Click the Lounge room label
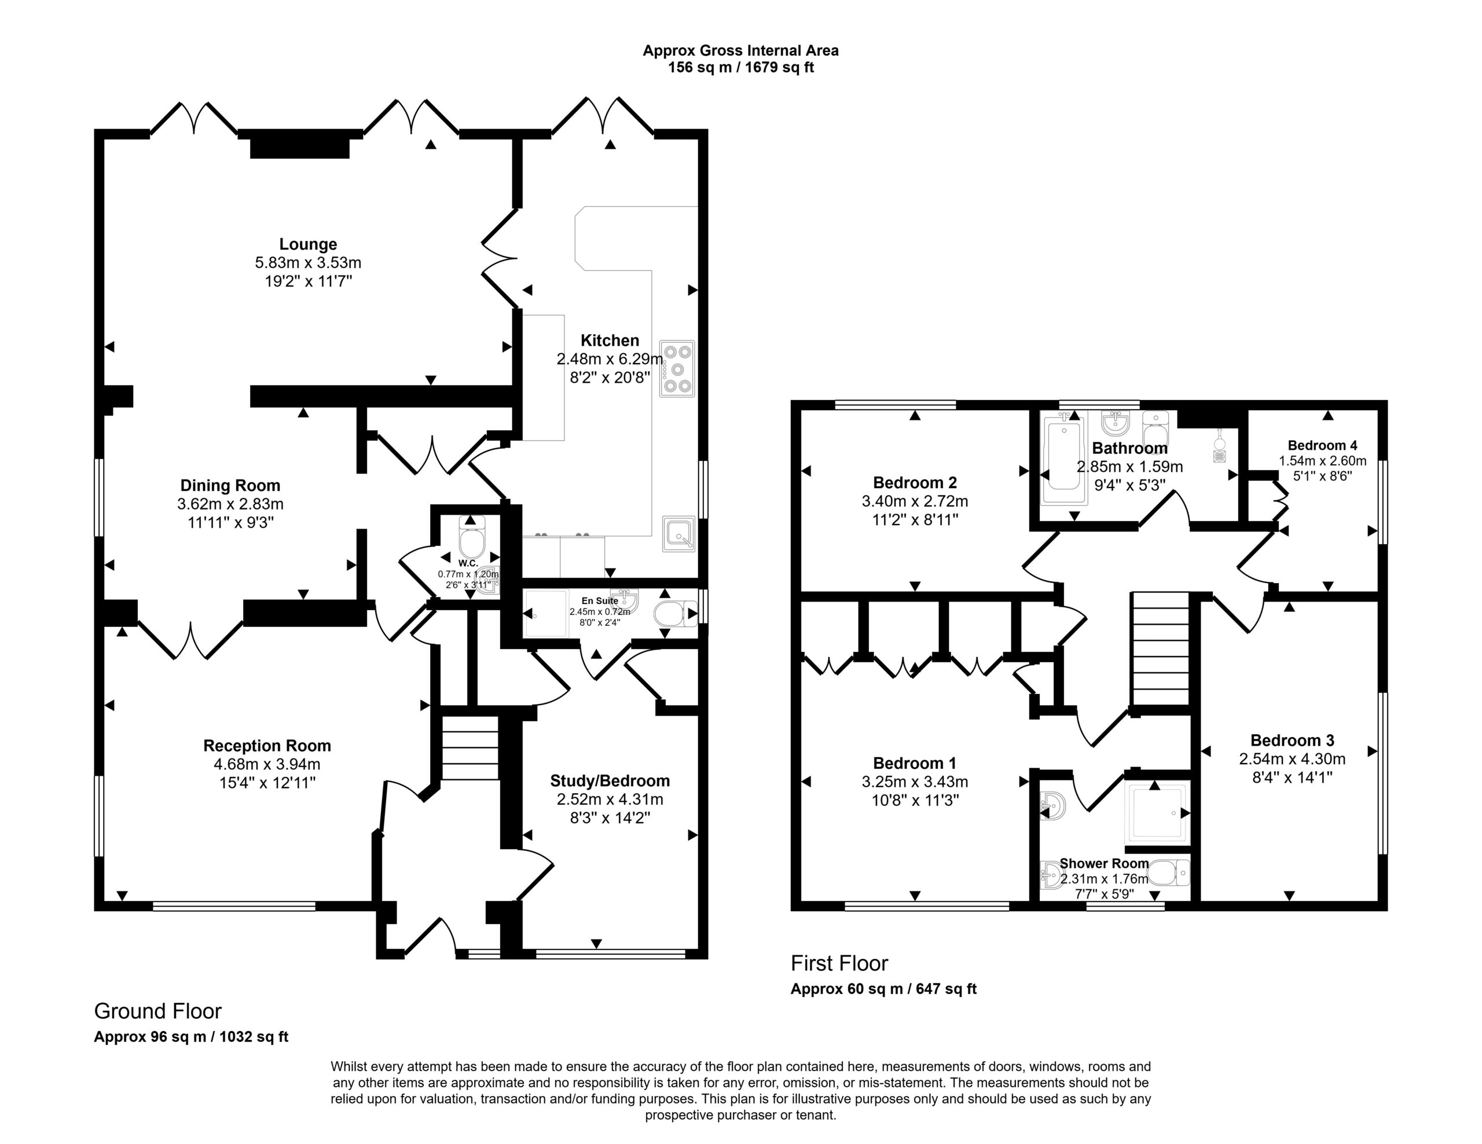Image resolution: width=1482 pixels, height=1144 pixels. point(308,244)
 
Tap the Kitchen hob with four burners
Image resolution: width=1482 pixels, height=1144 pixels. point(677,368)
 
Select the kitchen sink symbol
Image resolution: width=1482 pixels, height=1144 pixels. point(678,534)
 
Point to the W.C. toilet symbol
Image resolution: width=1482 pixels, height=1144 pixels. point(472,537)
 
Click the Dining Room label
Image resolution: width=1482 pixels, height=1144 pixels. point(230,486)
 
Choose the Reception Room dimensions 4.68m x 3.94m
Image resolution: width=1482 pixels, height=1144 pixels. point(267,764)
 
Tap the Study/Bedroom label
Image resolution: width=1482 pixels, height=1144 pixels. point(610,781)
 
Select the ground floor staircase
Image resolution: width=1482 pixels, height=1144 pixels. point(470,746)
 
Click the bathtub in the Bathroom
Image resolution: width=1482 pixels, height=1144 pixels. point(1064,462)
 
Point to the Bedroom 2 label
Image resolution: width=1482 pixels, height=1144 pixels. point(915,482)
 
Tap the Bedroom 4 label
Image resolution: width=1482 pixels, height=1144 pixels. point(1323,446)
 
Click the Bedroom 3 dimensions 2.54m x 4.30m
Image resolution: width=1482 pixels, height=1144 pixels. point(1292,758)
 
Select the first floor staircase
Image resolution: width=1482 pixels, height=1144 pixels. point(1160,650)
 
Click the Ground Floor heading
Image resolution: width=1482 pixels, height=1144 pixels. point(157,1011)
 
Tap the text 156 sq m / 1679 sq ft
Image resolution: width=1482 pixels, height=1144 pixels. point(741,67)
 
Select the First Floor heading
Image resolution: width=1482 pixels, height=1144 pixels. point(839,963)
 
